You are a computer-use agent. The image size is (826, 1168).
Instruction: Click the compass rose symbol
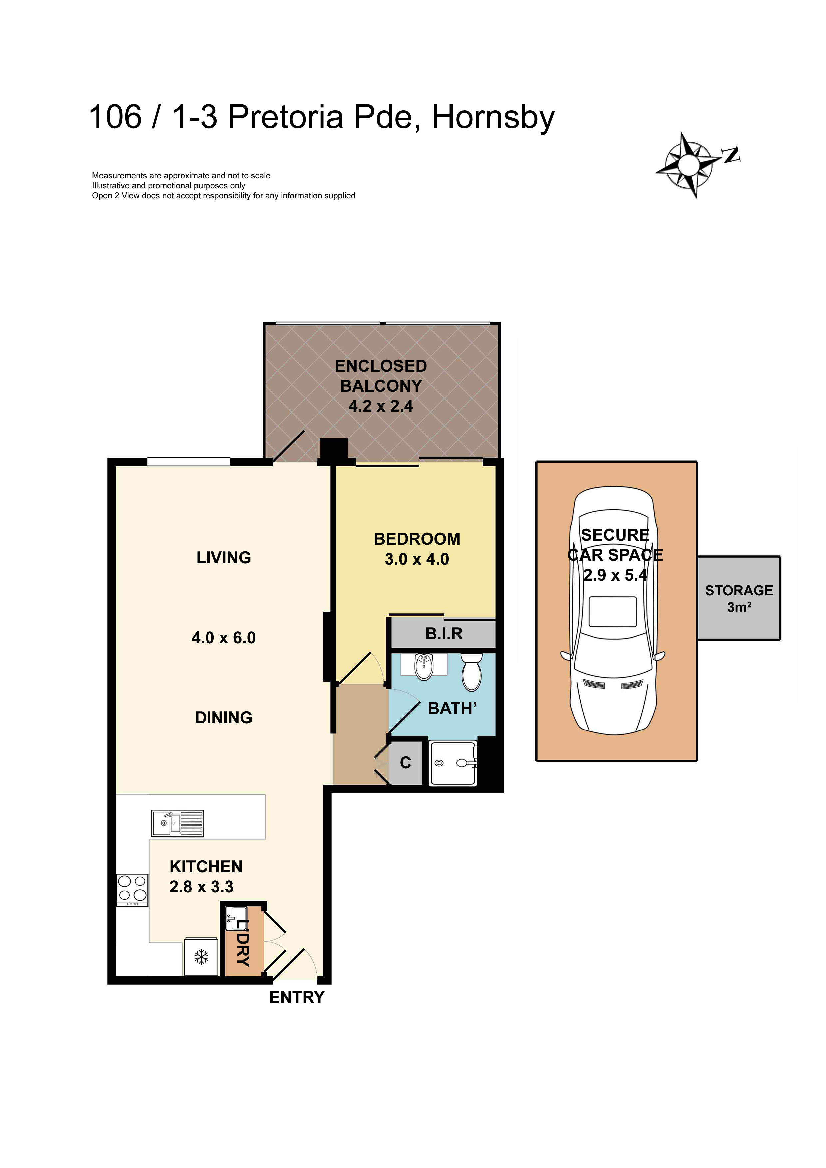[689, 165]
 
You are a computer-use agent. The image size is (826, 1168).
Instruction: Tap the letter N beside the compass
[731, 154]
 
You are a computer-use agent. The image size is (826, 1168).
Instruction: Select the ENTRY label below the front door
[297, 998]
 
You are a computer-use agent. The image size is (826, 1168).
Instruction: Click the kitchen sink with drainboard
[178, 823]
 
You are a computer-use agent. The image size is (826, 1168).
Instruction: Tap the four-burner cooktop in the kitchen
[132, 890]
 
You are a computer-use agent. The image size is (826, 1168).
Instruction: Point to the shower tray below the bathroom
[453, 763]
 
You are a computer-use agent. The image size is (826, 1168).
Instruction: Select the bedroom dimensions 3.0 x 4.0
[417, 559]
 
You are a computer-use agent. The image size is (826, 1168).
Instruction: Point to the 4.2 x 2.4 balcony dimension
[381, 406]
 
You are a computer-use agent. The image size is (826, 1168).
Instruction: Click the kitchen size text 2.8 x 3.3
[202, 887]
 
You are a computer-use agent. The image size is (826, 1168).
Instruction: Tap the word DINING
[223, 717]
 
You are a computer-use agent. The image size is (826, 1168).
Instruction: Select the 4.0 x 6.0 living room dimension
[223, 637]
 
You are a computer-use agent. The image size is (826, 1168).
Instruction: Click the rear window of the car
[613, 612]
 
